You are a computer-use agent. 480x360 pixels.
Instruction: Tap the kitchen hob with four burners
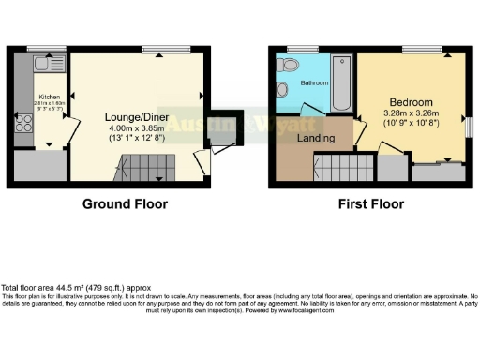[22, 126]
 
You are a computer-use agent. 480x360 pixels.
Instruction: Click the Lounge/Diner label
[136, 117]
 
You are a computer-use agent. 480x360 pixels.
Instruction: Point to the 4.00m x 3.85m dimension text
[136, 128]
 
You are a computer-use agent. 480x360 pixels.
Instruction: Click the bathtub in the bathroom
[342, 83]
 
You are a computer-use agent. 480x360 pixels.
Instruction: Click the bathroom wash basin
[282, 90]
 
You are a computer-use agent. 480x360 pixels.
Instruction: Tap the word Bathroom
[314, 83]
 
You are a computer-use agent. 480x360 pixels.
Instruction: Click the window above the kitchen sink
[40, 49]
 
